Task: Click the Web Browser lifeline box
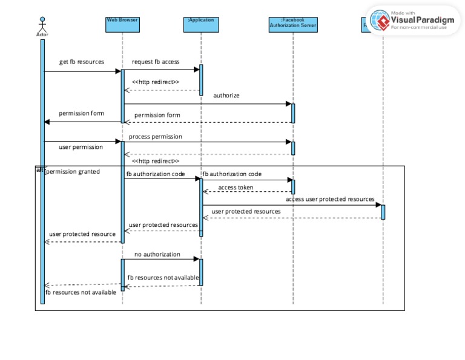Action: point(122,24)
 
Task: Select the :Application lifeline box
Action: point(201,24)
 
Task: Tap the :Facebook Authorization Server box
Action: point(293,24)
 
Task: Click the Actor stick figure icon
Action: point(42,24)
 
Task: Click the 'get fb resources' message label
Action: point(82,62)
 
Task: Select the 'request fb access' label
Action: point(156,62)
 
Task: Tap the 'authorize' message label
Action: point(226,96)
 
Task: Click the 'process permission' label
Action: point(155,137)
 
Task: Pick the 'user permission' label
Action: point(81,147)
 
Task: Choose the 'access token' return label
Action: point(236,188)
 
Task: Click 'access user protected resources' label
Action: point(330,199)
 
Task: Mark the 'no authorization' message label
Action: point(157,254)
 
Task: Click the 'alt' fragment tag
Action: point(40,170)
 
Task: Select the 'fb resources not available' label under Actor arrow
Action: point(81,293)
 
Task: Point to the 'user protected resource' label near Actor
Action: point(82,234)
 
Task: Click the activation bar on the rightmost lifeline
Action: point(383,212)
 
